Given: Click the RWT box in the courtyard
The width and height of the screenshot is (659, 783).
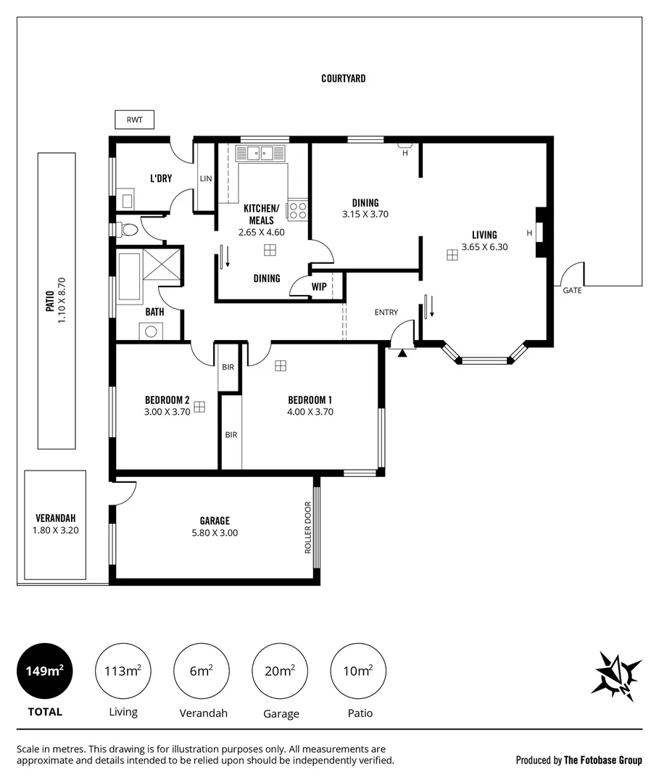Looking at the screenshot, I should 134,120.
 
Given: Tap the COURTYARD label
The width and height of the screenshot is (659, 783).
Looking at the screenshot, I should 343,78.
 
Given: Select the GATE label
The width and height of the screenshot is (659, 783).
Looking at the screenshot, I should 572,290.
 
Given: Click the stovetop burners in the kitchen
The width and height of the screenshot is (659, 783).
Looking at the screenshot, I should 297,210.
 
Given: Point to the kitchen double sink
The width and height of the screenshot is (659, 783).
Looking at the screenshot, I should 259,153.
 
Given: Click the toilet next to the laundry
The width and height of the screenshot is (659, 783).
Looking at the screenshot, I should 128,230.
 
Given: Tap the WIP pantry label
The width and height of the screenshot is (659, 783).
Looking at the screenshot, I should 319,286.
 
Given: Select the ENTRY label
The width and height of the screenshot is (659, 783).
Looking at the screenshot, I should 386,312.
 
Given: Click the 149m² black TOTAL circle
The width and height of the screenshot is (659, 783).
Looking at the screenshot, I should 45,671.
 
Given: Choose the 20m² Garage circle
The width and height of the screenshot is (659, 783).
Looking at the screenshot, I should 280,671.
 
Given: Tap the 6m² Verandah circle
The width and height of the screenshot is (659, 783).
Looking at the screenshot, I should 202,671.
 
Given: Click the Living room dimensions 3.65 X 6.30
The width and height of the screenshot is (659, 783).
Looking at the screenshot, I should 484,246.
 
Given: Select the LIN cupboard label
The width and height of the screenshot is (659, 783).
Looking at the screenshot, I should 205,178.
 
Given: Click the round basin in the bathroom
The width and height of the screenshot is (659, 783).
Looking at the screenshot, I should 152,331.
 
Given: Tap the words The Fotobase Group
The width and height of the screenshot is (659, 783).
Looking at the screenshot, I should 602,761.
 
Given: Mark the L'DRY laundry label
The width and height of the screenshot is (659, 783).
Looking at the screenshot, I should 160,178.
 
